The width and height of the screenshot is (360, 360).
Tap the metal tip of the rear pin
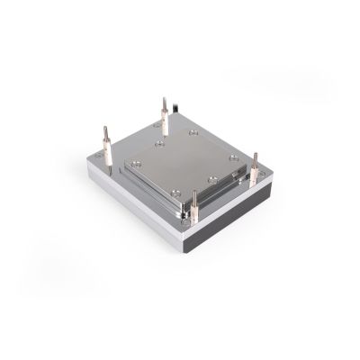[165, 100]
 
